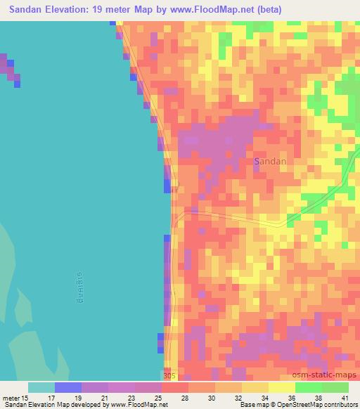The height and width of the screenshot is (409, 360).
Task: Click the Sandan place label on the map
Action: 270,161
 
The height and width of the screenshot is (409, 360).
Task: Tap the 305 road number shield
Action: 169,377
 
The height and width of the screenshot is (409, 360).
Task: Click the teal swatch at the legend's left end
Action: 41,387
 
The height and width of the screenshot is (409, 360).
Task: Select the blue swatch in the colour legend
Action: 67,387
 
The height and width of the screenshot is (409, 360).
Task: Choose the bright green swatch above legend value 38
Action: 308,387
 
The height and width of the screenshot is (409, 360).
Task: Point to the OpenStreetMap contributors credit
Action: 319,405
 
